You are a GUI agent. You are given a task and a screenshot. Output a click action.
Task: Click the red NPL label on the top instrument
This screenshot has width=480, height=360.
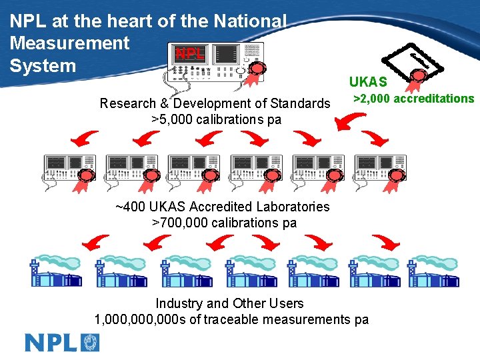(189, 54)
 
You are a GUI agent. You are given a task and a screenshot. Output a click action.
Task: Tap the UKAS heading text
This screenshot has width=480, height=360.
(367, 82)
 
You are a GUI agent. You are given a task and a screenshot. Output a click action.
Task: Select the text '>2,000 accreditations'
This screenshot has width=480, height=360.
(413, 99)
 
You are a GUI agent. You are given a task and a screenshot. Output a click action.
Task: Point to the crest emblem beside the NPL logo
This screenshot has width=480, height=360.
(90, 342)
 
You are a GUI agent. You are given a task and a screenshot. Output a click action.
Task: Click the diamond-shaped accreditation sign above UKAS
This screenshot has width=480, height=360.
(415, 59)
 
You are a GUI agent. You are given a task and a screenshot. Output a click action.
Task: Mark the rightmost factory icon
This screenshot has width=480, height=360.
(435, 271)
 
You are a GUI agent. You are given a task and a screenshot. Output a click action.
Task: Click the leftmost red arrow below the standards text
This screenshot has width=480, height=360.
(85, 139)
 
